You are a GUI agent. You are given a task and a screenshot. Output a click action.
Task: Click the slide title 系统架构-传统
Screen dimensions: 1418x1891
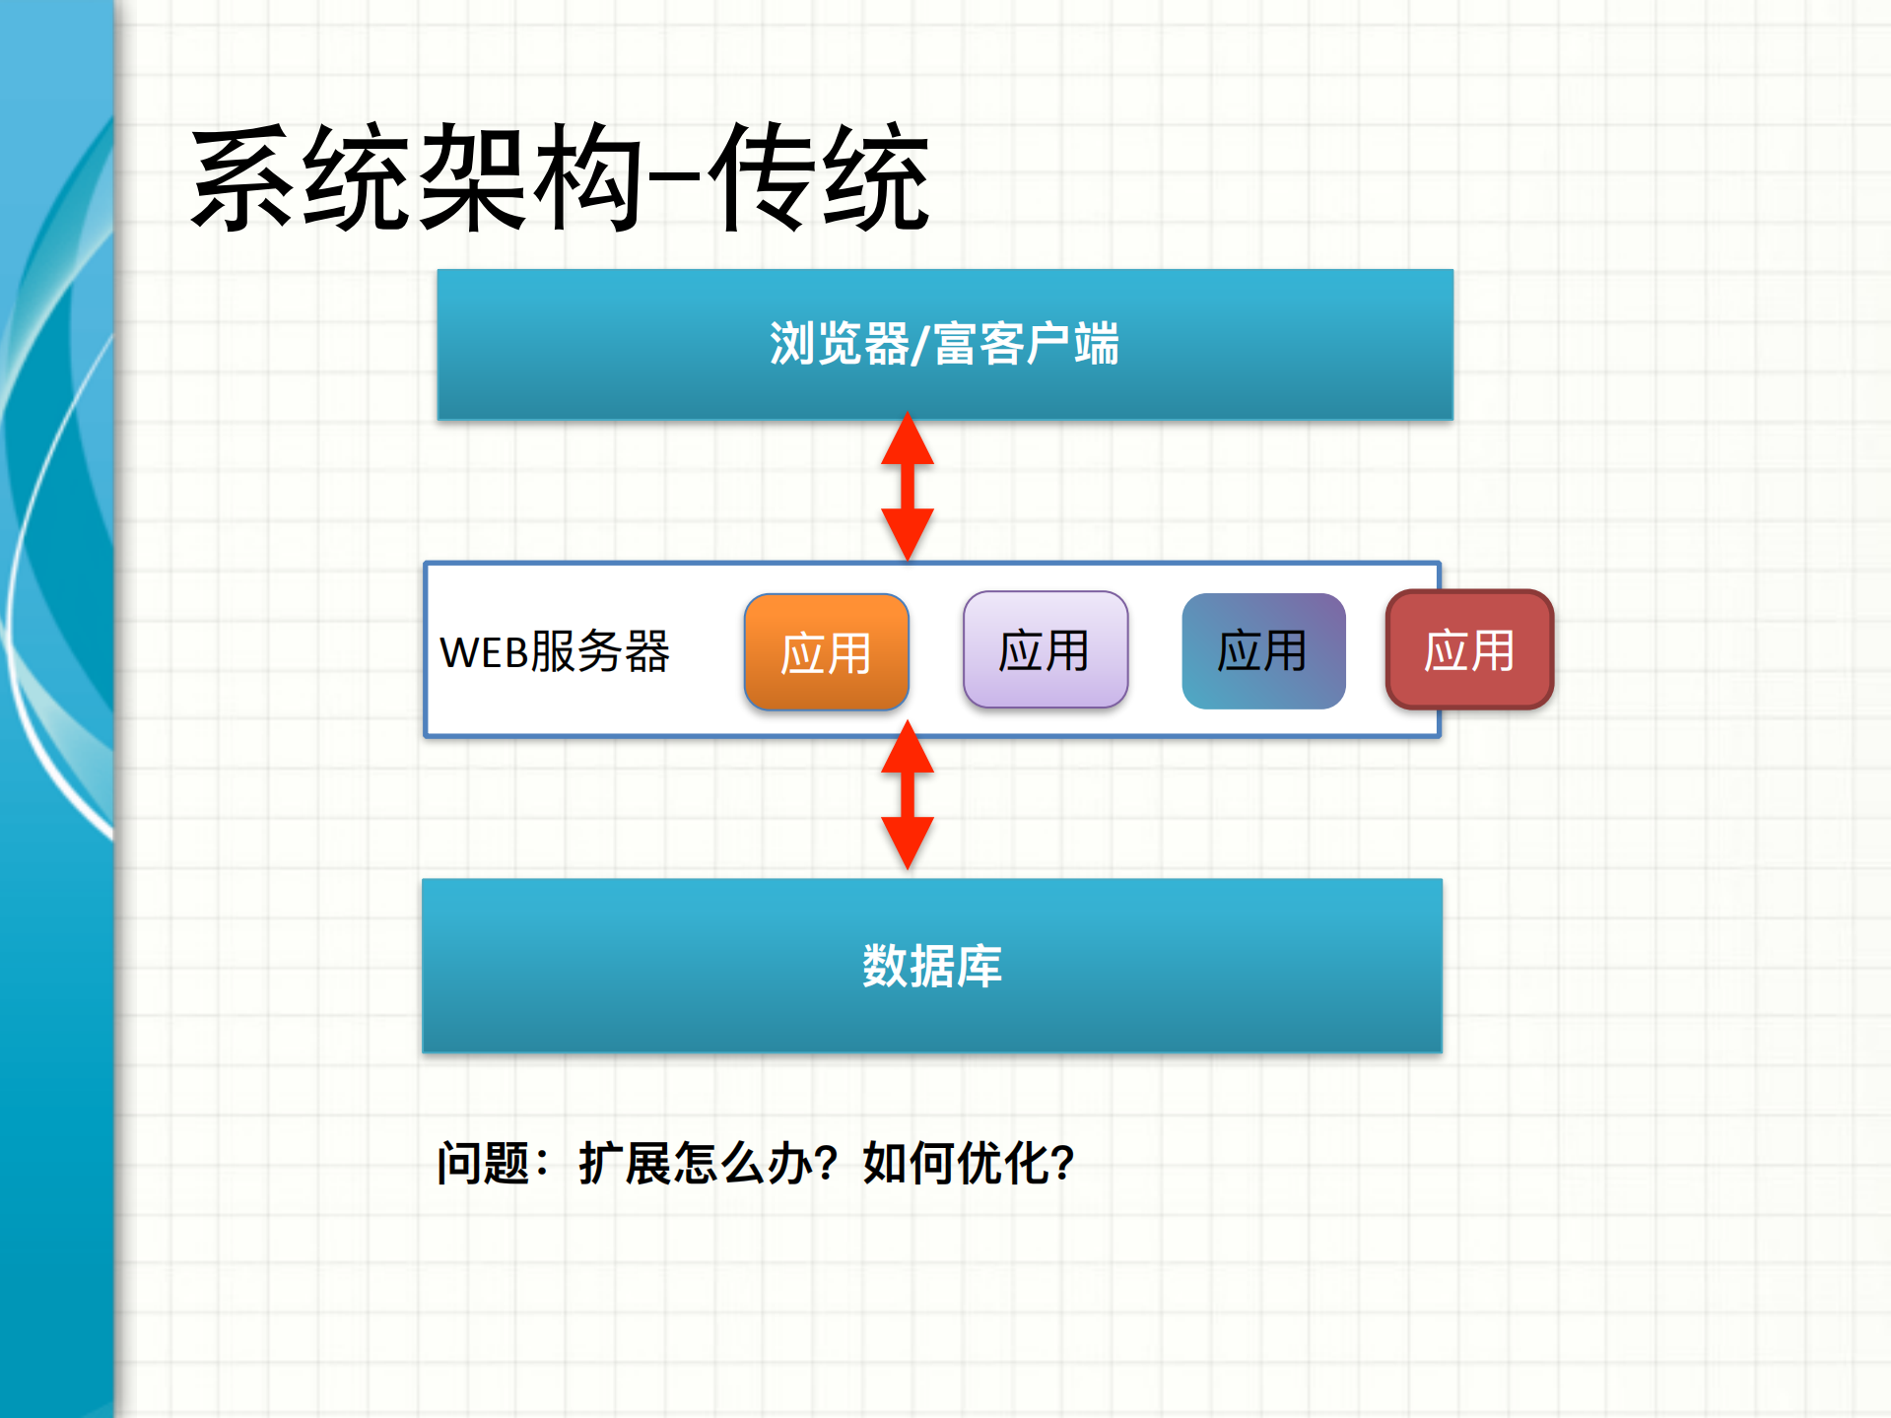pos(560,178)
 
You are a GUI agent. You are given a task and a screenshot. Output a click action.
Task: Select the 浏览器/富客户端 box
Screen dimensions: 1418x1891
pos(944,345)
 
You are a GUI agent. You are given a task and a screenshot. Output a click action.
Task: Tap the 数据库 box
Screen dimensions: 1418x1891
pos(931,966)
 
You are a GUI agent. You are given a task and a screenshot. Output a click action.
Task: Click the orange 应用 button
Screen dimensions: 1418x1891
pos(826,652)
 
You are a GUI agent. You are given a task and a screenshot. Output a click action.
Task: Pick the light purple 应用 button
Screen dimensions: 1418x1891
pos(1045,650)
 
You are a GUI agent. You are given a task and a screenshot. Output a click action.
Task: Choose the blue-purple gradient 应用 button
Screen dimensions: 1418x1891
pos(1263,650)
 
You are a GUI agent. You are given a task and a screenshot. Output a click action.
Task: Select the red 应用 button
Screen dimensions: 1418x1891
pos(1469,650)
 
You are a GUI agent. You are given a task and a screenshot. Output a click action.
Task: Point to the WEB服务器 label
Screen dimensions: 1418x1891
pos(554,651)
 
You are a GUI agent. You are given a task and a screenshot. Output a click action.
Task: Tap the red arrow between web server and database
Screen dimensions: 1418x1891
pos(907,795)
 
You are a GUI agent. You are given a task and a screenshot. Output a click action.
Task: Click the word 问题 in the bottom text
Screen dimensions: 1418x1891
pos(484,1164)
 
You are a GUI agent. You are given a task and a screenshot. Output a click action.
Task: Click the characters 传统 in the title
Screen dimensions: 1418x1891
pos(818,178)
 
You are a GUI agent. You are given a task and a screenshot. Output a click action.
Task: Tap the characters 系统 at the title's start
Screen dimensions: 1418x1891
pos(301,178)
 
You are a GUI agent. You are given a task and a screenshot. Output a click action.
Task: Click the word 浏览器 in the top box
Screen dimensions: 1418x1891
pos(839,345)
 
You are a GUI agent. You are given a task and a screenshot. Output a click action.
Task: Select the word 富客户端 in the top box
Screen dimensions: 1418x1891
pos(1026,345)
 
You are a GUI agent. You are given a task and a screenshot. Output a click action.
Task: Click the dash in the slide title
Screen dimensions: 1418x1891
pos(675,178)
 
